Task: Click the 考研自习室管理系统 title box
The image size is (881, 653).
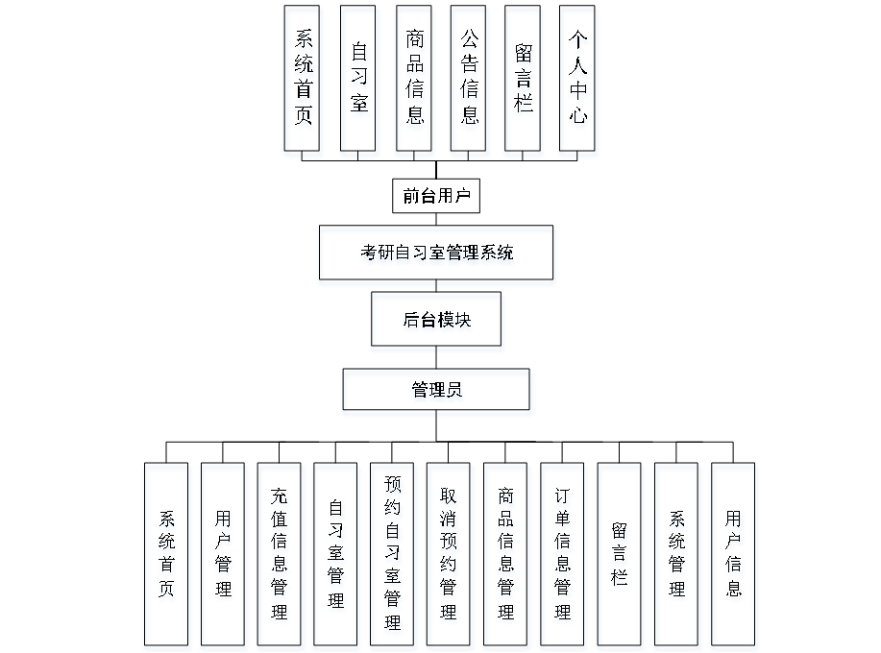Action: pyautogui.click(x=436, y=255)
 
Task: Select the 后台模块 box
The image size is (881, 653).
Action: pyautogui.click(x=437, y=323)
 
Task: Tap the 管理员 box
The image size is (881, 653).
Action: pyautogui.click(x=437, y=393)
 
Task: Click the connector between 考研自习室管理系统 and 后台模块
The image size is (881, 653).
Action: pyautogui.click(x=437, y=289)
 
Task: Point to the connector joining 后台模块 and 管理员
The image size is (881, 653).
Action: pyautogui.click(x=437, y=362)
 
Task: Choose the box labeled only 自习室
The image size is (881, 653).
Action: pyautogui.click(x=360, y=81)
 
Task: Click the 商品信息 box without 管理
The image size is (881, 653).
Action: pyautogui.click(x=415, y=81)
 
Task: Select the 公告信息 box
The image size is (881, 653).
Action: pyautogui.click(x=470, y=81)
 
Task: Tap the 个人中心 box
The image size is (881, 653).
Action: pyautogui.click(x=578, y=81)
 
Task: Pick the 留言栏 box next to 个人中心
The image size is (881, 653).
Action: pyautogui.click(x=524, y=81)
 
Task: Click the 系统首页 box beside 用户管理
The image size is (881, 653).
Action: pyautogui.click(x=167, y=556)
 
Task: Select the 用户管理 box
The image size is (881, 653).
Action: pyautogui.click(x=224, y=556)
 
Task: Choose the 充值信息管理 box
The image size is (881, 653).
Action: pyautogui.click(x=281, y=556)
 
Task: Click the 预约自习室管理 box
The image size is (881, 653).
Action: pyautogui.click(x=393, y=556)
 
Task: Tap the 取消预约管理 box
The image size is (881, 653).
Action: pyautogui.click(x=449, y=556)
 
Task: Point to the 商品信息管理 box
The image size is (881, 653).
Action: pyautogui.click(x=506, y=556)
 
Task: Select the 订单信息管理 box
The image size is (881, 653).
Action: pyautogui.click(x=564, y=556)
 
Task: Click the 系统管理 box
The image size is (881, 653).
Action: pyautogui.click(x=677, y=556)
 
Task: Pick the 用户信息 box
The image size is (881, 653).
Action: pyautogui.click(x=735, y=556)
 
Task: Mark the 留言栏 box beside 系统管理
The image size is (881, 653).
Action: pyautogui.click(x=621, y=556)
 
